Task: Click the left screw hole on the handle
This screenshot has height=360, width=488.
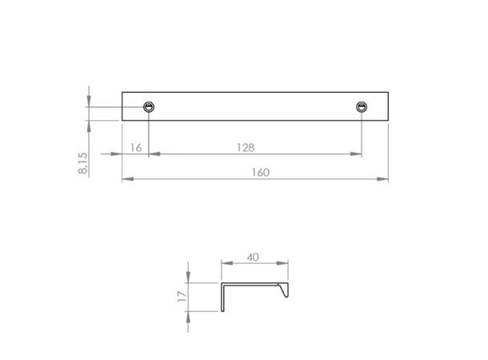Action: click(149, 107)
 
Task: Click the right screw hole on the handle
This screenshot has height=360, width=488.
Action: click(362, 107)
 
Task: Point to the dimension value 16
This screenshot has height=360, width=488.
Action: click(134, 148)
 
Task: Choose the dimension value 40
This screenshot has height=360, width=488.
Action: click(254, 258)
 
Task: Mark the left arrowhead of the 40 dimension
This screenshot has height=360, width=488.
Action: click(225, 265)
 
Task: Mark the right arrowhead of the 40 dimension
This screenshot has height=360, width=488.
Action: click(285, 265)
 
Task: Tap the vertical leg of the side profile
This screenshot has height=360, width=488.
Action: click(222, 297)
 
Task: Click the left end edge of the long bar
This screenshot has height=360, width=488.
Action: click(122, 106)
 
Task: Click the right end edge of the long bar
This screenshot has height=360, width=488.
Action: click(389, 106)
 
